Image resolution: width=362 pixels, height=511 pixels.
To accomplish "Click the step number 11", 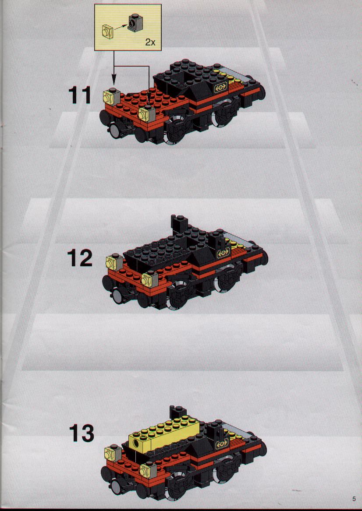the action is point(79,96).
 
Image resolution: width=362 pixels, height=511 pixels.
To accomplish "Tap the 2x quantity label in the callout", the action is point(150,42).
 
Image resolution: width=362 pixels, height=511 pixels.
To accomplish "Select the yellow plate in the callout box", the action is point(107,31).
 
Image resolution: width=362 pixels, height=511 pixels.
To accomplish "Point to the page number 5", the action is point(354,498).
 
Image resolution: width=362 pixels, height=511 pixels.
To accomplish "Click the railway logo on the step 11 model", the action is point(220,88).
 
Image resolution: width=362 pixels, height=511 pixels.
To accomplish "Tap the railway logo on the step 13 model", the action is point(222,444).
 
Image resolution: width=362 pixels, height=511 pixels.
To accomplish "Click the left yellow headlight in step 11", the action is point(110,96).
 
